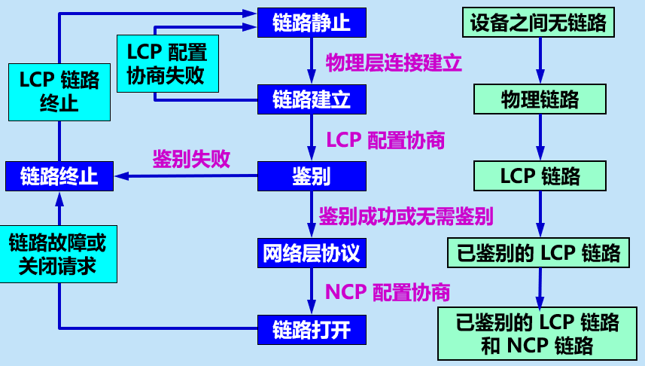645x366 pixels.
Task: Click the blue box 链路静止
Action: (x=312, y=23)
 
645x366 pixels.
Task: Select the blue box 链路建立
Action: (x=312, y=98)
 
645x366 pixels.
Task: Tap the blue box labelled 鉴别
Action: (x=312, y=176)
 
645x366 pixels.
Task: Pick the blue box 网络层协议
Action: (x=312, y=253)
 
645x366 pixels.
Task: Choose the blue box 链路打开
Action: (x=312, y=329)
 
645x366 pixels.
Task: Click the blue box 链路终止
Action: (x=59, y=176)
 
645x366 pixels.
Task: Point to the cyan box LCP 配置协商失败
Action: (x=167, y=64)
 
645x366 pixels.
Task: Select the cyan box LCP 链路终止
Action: (x=59, y=92)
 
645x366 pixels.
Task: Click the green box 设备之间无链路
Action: (x=538, y=22)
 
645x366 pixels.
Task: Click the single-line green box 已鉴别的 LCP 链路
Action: (x=538, y=252)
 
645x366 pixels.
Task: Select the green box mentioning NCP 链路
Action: (x=538, y=334)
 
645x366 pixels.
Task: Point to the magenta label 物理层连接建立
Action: (x=394, y=63)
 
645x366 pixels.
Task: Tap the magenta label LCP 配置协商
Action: (x=385, y=140)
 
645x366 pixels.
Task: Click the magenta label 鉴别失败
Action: (x=191, y=159)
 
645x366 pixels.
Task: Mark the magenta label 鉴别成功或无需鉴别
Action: (x=406, y=217)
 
